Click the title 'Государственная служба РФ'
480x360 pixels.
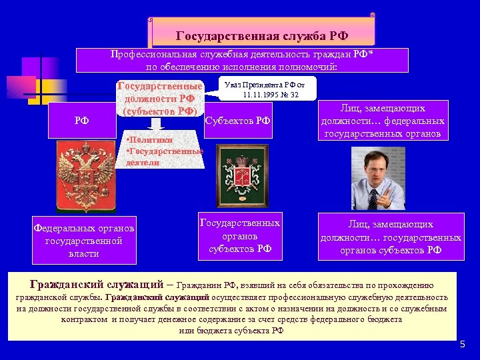click(262, 35)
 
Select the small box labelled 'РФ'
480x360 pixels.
click(82, 121)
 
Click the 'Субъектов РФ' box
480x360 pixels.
click(238, 121)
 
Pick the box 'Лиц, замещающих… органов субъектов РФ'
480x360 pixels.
click(391, 237)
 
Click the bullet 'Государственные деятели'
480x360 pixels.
click(163, 157)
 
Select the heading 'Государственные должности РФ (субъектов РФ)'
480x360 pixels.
click(159, 99)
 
